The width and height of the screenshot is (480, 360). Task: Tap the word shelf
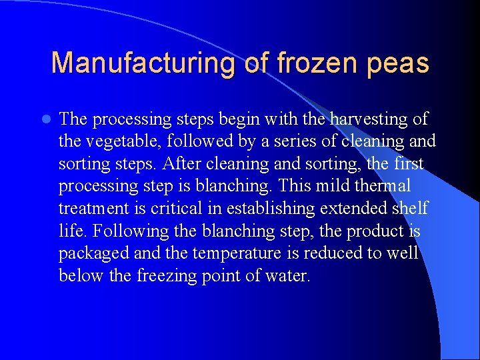pyautogui.click(x=409, y=209)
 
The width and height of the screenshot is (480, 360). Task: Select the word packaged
pyautogui.click(x=94, y=254)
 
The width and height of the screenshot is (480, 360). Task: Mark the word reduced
pyautogui.click(x=332, y=253)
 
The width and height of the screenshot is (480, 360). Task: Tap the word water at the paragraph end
pyautogui.click(x=290, y=276)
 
